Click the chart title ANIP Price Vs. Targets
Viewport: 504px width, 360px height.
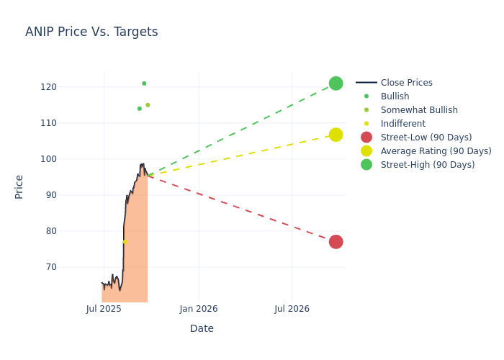tap(91, 32)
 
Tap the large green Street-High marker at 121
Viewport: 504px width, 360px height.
tap(336, 84)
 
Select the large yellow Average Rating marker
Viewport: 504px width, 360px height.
tap(336, 135)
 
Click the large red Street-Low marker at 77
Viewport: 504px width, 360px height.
tap(336, 242)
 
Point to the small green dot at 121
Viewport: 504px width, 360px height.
tap(144, 84)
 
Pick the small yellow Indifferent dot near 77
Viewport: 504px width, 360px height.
tap(125, 242)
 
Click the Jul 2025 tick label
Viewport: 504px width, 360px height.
tap(104, 309)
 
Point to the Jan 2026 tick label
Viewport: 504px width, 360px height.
tap(198, 309)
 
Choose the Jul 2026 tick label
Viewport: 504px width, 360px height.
tap(292, 309)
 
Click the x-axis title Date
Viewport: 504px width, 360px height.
tap(202, 328)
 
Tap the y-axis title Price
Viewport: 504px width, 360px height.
tap(19, 186)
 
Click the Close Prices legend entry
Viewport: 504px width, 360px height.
tap(406, 83)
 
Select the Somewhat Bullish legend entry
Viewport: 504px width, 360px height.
tap(419, 110)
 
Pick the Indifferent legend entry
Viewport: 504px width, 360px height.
tap(402, 124)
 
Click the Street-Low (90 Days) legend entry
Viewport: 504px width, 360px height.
tap(426, 138)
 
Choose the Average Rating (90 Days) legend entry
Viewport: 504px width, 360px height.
tap(436, 151)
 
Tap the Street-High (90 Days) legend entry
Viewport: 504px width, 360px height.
tap(427, 165)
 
